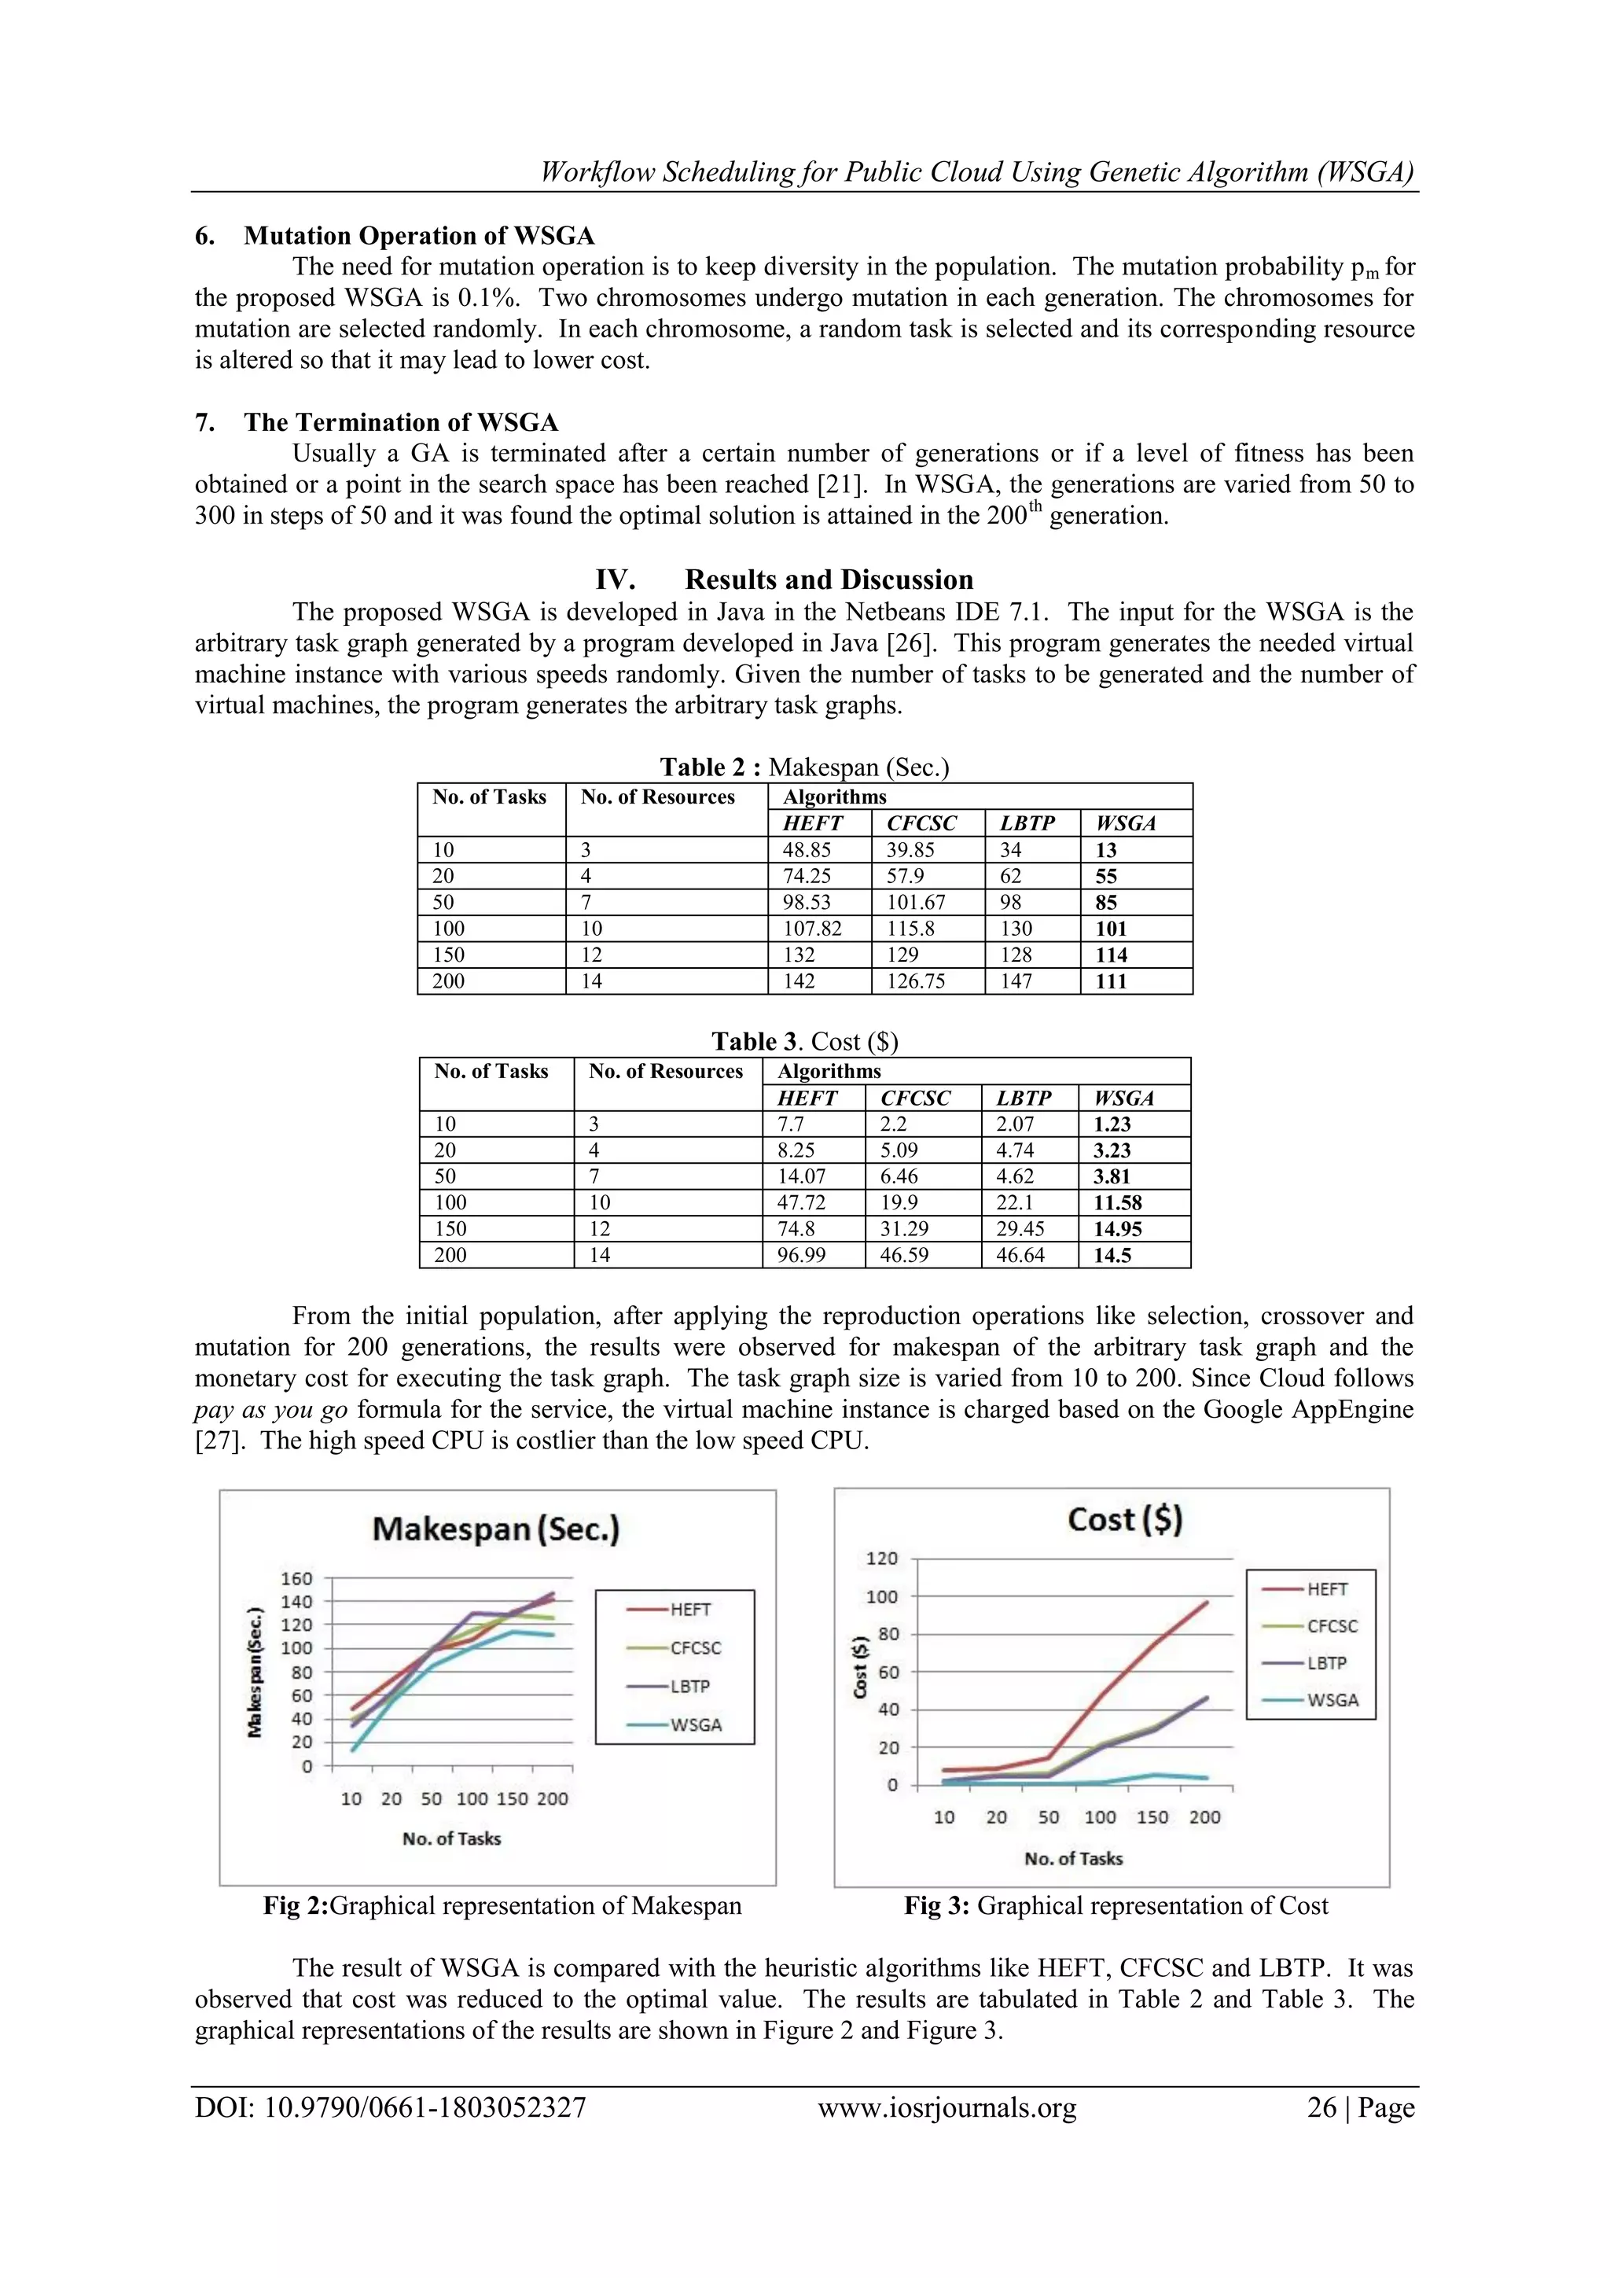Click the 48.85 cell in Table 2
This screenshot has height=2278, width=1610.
point(807,850)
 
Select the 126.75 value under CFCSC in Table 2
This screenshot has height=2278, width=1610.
point(916,981)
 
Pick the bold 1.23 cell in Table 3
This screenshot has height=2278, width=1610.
point(1112,1124)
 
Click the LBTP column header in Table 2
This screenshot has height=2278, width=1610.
point(1026,823)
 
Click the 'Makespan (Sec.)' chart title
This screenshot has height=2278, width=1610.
point(496,1529)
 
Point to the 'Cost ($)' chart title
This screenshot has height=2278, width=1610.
point(1124,1520)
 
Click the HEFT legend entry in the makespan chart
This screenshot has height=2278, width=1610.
point(689,1610)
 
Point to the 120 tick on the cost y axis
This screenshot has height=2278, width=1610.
point(881,1559)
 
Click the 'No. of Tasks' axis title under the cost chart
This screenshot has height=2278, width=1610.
point(1073,1858)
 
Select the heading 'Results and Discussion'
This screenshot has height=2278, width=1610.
point(829,580)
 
